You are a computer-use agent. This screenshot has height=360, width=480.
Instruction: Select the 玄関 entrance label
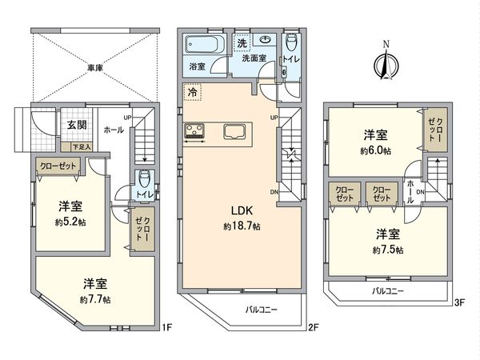pos(77,124)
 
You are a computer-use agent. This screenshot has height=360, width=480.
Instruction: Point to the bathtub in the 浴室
pos(206,46)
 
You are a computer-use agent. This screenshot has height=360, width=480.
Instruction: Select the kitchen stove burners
pos(195,132)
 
